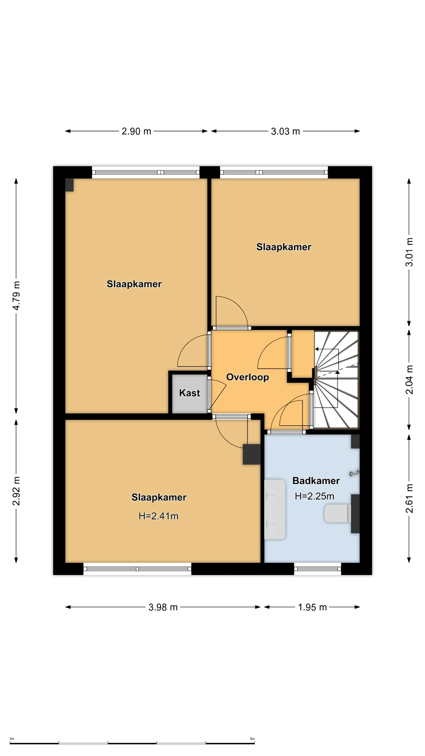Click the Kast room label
(x=190, y=393)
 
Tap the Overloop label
(x=247, y=377)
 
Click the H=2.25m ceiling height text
(x=314, y=496)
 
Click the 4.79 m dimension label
(x=16, y=296)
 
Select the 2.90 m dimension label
(x=136, y=131)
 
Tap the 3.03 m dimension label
(x=285, y=131)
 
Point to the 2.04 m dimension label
(x=409, y=380)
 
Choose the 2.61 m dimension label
(x=409, y=498)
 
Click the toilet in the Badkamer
(x=338, y=513)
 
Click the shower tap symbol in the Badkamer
(x=354, y=473)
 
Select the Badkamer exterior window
(x=318, y=569)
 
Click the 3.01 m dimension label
(x=409, y=252)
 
